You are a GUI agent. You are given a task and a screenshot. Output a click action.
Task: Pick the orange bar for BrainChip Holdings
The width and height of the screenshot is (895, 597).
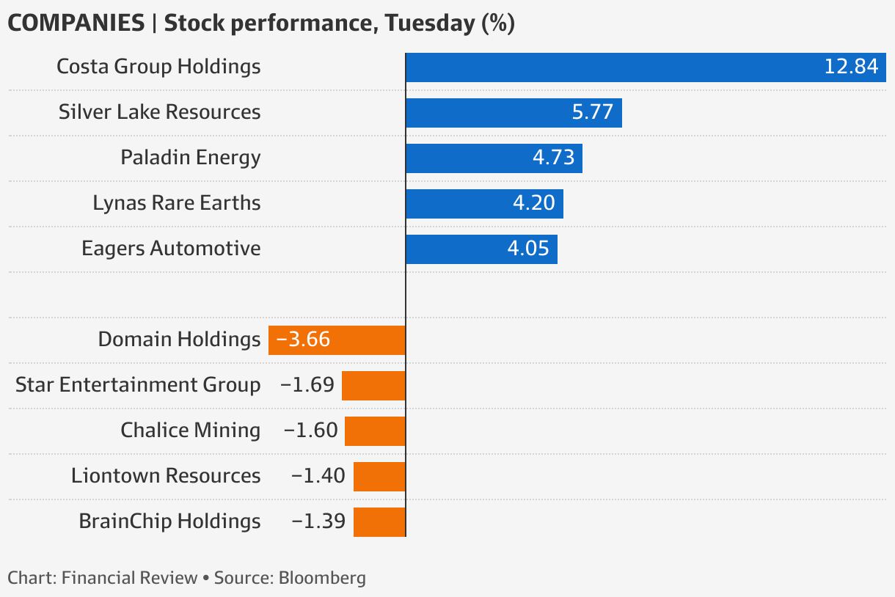379,521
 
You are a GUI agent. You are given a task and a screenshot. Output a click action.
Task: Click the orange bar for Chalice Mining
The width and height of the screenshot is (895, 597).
375,431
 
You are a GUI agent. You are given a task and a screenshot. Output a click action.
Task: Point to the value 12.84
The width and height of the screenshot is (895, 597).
851,67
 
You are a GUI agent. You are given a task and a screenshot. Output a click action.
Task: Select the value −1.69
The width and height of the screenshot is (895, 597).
307,385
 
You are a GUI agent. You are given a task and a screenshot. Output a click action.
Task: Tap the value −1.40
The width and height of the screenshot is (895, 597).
318,476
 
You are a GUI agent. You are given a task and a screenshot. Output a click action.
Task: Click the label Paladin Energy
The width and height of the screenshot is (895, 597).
191,158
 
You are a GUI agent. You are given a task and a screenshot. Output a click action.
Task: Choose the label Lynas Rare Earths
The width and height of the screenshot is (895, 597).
177,203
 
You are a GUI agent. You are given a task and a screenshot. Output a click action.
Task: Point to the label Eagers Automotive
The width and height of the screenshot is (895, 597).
171,249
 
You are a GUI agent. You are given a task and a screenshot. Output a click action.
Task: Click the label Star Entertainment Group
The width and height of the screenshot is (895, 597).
138,385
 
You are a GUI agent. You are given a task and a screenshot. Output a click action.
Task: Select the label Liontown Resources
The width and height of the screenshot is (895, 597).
166,476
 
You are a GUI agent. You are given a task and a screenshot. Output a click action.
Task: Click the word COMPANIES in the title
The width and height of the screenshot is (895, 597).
76,23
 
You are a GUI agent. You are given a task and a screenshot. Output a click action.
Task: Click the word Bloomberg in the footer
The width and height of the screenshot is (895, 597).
322,578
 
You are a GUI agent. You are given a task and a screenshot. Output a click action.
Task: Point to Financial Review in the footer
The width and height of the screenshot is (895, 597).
130,578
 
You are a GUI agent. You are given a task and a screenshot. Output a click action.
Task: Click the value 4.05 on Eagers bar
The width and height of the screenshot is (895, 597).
528,249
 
